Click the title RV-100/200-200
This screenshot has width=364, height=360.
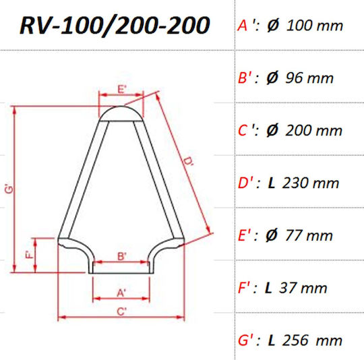point(115,26)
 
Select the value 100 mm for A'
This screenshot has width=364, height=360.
point(315,26)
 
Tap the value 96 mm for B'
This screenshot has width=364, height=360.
point(309,78)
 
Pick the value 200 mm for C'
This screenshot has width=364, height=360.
point(313,130)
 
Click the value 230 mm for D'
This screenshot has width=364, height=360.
point(311,183)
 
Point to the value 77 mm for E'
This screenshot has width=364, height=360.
point(309,235)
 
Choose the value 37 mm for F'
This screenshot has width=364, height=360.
point(303,288)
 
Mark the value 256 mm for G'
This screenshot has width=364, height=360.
point(312,340)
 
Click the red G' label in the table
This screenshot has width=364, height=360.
point(245,340)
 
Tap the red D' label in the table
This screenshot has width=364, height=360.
point(245,183)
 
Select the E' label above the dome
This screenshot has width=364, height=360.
point(122,89)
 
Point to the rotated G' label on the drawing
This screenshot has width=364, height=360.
point(9,189)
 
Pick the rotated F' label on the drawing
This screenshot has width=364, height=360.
point(30,255)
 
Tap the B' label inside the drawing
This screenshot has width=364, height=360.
point(121,257)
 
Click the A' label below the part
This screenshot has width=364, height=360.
point(121,293)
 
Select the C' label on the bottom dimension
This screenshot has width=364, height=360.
point(121,311)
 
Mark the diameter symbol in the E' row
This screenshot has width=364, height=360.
point(272,235)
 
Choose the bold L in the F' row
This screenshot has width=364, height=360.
point(268,288)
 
